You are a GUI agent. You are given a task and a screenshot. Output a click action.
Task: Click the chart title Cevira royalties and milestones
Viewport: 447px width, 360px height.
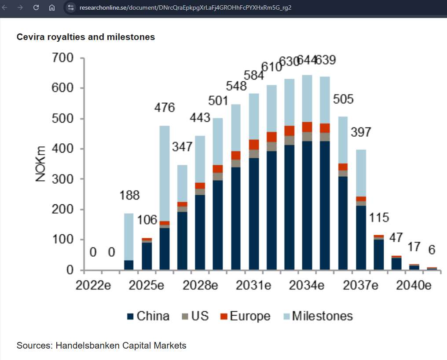click(86, 37)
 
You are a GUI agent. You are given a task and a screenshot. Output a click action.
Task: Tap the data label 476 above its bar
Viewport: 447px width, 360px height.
click(165, 108)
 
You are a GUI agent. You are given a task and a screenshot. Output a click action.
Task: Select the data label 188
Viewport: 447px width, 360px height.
click(129, 195)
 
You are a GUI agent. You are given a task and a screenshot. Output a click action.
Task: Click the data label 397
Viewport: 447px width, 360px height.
click(361, 132)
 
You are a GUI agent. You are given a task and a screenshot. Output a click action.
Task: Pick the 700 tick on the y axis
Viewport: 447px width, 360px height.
click(63, 58)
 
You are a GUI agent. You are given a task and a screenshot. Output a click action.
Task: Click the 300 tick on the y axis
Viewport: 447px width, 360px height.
click(63, 179)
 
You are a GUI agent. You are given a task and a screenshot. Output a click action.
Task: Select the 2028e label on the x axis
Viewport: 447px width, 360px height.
click(201, 285)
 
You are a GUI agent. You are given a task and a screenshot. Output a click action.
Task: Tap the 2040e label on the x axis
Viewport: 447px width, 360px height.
click(413, 285)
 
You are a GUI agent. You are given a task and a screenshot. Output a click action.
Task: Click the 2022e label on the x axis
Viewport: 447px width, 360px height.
click(93, 285)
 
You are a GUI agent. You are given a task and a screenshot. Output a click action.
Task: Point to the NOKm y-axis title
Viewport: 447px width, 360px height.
click(41, 164)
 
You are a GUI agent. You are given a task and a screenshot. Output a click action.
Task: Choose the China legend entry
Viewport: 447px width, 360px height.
click(148, 316)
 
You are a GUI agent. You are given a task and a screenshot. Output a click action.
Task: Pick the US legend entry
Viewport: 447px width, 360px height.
click(195, 316)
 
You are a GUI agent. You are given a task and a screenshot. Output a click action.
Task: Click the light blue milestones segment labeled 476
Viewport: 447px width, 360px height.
click(165, 171)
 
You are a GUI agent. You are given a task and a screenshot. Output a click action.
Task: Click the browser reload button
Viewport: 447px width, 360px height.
click(36, 7)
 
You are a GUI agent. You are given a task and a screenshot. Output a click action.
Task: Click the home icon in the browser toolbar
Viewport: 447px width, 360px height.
click(51, 7)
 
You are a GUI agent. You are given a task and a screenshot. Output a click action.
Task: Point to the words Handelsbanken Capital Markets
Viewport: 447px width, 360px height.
click(121, 345)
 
